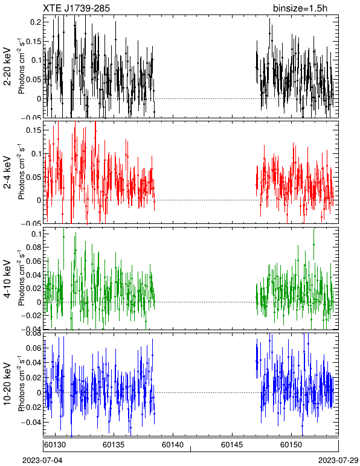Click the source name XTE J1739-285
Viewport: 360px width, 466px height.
click(x=76, y=8)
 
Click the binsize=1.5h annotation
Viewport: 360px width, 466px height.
click(x=300, y=8)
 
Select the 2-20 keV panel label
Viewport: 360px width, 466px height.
click(x=7, y=66)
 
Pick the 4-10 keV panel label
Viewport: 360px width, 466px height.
click(x=7, y=279)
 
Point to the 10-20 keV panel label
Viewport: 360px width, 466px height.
click(x=7, y=384)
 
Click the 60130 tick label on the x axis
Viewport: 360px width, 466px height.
click(x=55, y=445)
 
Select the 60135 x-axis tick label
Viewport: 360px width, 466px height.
click(x=114, y=445)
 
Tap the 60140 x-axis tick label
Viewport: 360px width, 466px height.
click(x=173, y=445)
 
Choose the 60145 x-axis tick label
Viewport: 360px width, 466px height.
click(x=232, y=445)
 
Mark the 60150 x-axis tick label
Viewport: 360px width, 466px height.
click(x=291, y=445)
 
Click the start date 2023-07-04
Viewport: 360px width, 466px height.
click(x=42, y=461)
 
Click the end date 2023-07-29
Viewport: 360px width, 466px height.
click(x=338, y=461)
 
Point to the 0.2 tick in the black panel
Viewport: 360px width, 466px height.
click(x=36, y=22)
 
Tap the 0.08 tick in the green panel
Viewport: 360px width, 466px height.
click(x=34, y=247)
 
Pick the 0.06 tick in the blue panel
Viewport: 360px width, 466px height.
click(x=34, y=348)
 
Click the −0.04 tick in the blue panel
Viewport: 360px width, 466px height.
click(x=31, y=423)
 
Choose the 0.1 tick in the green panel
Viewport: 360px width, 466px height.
click(x=36, y=234)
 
